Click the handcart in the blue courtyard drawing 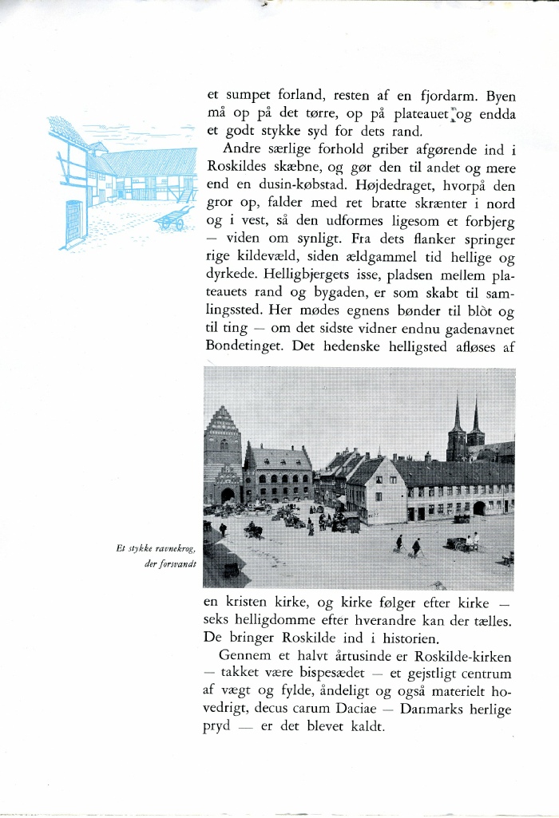coord(175,217)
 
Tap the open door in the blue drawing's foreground coord(74,222)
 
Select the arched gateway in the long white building coord(479,508)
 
